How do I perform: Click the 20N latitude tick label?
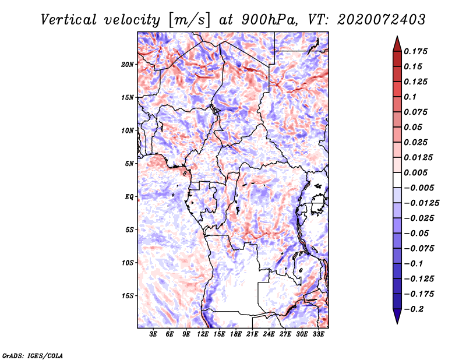point(128,65)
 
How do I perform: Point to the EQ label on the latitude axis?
point(129,197)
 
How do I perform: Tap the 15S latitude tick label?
point(128,296)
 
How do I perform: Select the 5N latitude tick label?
point(129,164)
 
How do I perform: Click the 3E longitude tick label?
point(153,334)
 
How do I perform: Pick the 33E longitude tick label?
point(318,334)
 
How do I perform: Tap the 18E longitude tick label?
point(236,334)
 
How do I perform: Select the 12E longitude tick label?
point(202,334)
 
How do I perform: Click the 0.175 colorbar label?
point(415,51)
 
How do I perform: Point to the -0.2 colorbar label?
point(414,309)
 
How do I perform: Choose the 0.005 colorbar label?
point(415,172)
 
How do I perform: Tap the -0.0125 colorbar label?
point(421,203)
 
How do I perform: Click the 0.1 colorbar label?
point(410,97)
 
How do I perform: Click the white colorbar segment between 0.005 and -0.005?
point(397,180)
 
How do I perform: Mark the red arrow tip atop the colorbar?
point(397,36)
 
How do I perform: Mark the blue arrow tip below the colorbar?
point(397,323)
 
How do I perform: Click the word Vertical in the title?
point(69,20)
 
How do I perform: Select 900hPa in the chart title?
point(269,20)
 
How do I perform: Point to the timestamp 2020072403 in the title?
point(382,20)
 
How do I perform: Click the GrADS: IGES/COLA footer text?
point(33,356)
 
